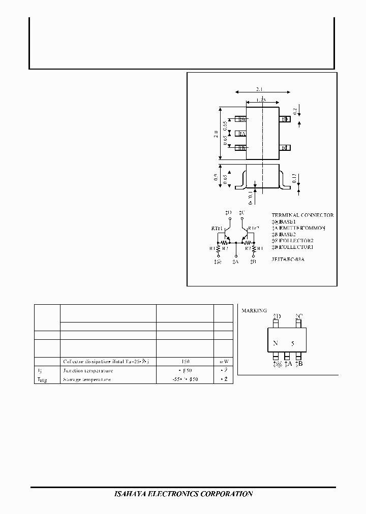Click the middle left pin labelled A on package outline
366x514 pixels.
(x=241, y=134)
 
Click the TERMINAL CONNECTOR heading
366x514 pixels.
(x=302, y=215)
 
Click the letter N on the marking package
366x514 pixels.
(x=275, y=343)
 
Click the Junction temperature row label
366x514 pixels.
(x=88, y=371)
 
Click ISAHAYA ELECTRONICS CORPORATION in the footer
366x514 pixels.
(x=182, y=494)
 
